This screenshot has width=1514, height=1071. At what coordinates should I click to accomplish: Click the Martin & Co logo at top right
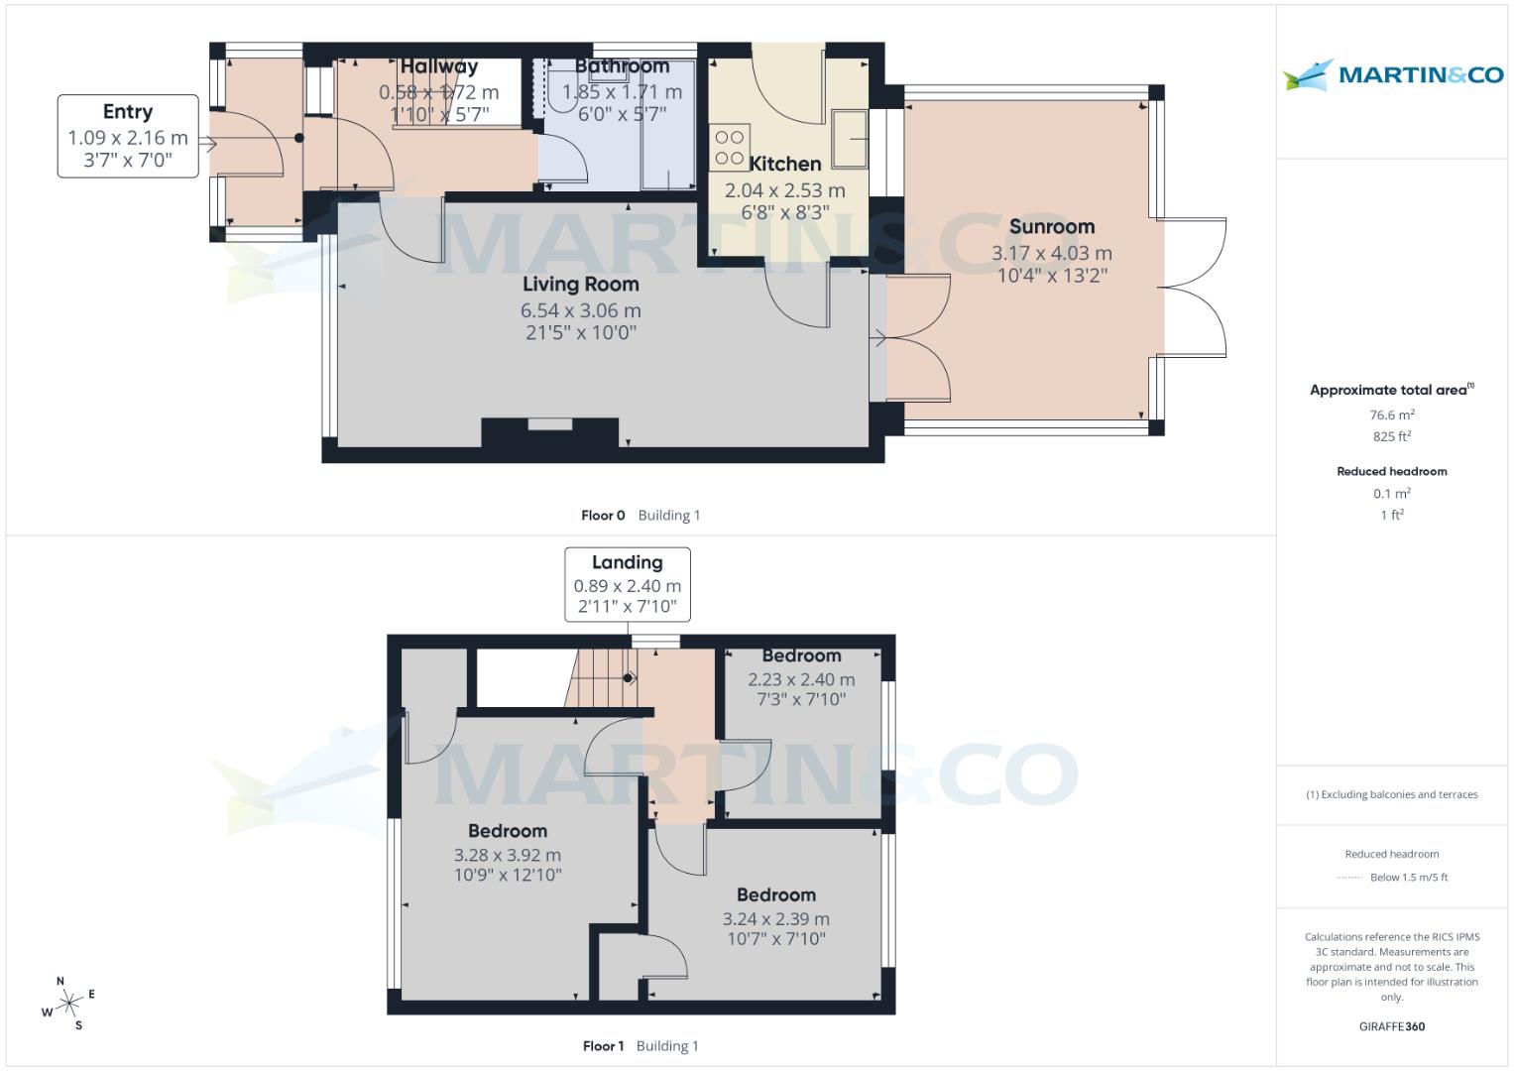tap(1392, 75)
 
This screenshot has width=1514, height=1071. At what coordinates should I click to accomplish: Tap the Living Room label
tap(581, 285)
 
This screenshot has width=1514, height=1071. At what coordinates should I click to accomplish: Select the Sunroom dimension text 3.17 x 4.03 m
tap(1051, 254)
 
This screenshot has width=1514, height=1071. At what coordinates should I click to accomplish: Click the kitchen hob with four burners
tap(730, 148)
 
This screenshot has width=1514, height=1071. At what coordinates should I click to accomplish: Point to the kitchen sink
tap(849, 138)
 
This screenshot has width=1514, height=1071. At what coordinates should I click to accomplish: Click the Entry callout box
tap(128, 136)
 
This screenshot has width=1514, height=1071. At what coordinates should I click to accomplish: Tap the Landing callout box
tap(627, 584)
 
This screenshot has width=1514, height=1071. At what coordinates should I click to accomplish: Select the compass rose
tap(68, 1005)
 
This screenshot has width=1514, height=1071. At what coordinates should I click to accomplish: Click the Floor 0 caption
tap(603, 515)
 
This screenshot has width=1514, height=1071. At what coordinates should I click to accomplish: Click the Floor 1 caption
tap(603, 1045)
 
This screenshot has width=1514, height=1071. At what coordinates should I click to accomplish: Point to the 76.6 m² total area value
tap(1391, 416)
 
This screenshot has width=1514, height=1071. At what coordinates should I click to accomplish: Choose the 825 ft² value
tap(1391, 436)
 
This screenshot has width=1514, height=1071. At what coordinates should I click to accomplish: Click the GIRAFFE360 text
tap(1391, 1026)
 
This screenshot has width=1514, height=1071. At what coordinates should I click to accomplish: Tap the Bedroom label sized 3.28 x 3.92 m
tap(507, 831)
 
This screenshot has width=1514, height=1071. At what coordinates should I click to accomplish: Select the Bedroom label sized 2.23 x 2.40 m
tap(801, 656)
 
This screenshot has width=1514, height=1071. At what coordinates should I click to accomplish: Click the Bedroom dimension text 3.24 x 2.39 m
tap(775, 919)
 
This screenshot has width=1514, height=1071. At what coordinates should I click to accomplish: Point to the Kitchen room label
tap(784, 165)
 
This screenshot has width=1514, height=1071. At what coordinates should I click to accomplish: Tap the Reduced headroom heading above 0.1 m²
tap(1391, 471)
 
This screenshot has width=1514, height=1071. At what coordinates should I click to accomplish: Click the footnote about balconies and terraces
tap(1391, 794)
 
